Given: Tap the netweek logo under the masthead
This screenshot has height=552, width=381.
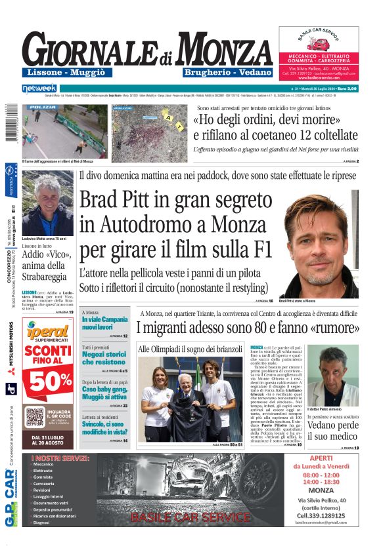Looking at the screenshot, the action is pos(40,88).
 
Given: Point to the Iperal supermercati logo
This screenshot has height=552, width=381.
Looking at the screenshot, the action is pos(47,333).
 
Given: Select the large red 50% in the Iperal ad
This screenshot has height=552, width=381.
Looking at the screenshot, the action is pos(47,380).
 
